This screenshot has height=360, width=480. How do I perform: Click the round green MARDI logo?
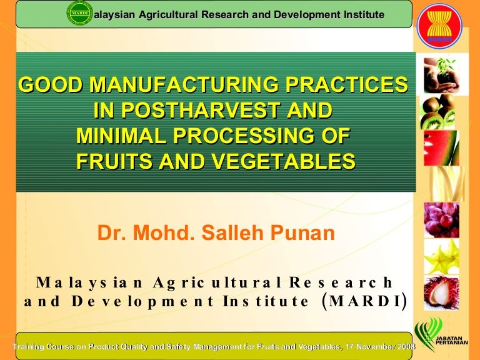pos(79,13)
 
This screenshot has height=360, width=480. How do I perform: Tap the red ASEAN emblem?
pos(439,26)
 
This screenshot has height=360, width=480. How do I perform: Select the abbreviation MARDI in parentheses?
pos(364,301)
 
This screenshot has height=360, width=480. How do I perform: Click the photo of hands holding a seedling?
pos(441,75)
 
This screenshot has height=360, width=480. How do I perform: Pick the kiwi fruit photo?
pos(437,111)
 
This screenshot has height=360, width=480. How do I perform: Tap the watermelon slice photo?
pos(441,148)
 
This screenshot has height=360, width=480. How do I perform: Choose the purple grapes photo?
pos(441,220)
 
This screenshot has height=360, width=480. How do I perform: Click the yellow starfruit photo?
pos(441,256)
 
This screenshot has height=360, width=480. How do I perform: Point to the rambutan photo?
pos(441,293)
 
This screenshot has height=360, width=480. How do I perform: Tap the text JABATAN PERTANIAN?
pos(451,341)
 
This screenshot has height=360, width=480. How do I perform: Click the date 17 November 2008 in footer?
pos(380,346)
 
